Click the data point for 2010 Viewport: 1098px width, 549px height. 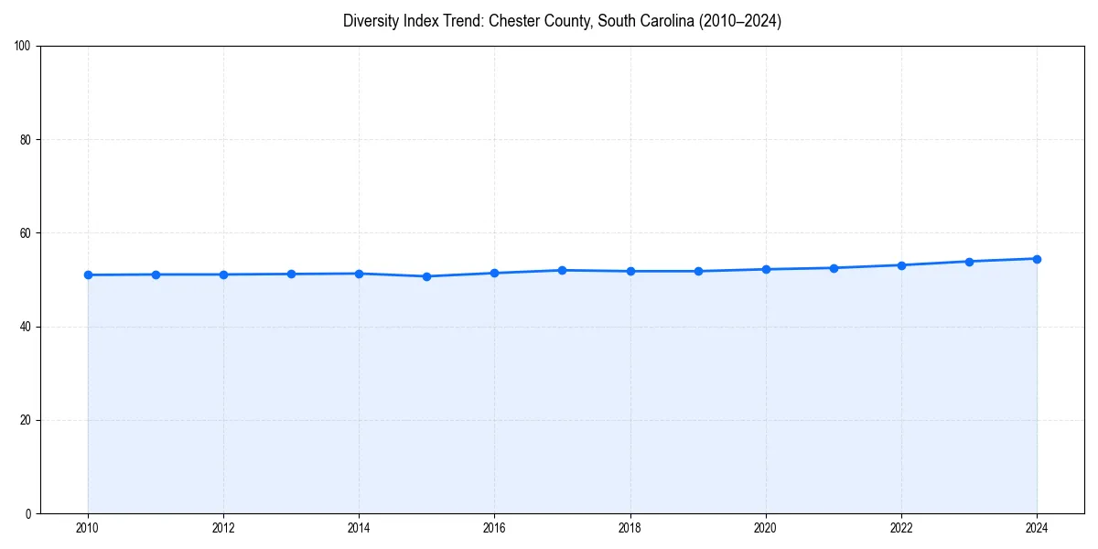click(x=88, y=274)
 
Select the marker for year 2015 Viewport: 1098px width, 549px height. click(x=426, y=276)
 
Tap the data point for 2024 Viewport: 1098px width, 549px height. click(x=1037, y=259)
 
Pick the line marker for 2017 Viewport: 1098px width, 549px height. click(x=562, y=270)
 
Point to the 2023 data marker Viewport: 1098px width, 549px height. click(x=969, y=262)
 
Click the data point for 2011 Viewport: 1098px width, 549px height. click(x=156, y=274)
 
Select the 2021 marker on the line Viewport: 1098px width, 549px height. click(x=834, y=268)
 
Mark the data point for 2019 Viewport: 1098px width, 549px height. click(x=698, y=271)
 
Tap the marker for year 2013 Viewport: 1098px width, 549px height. click(x=291, y=274)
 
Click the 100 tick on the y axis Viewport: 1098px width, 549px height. click(x=24, y=47)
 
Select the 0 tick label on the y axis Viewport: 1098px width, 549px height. click(x=29, y=513)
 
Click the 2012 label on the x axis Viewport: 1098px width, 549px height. click(x=223, y=528)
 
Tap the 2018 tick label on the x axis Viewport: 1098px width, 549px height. click(x=630, y=528)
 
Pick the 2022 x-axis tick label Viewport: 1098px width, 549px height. click(x=901, y=528)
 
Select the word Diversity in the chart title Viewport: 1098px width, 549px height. click(x=372, y=21)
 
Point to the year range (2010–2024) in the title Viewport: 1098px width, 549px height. click(x=739, y=21)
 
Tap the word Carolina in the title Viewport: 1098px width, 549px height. click(x=663, y=21)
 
